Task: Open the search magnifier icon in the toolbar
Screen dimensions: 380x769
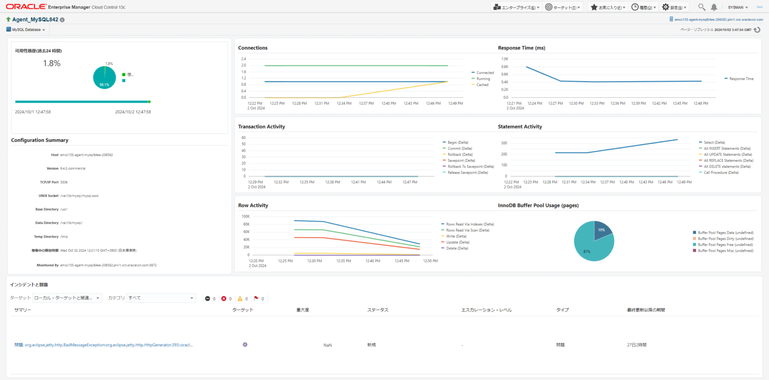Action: (x=701, y=7)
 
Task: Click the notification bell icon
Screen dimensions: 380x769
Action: (x=714, y=7)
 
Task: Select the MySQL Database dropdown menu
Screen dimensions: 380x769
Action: (x=26, y=30)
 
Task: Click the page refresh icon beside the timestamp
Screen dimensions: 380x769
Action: (x=757, y=30)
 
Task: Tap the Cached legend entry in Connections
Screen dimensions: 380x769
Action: (x=482, y=85)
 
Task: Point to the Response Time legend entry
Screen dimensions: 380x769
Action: (x=741, y=79)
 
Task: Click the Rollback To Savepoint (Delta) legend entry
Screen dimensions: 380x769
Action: (x=471, y=166)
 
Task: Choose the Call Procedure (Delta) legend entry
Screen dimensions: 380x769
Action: (x=721, y=172)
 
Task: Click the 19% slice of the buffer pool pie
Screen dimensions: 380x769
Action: (x=602, y=231)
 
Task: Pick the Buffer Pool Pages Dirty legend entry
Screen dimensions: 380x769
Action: (x=725, y=239)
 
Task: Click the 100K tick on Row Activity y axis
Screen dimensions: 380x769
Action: (x=246, y=216)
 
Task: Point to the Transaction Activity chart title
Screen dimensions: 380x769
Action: (x=261, y=126)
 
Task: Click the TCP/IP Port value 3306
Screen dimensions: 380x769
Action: (x=64, y=182)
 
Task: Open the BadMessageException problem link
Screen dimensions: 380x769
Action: (x=104, y=345)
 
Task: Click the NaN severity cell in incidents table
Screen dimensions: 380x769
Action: (x=327, y=345)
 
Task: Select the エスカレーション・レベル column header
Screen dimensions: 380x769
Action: (x=486, y=310)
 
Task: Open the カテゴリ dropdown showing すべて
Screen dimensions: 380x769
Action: (x=161, y=298)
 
